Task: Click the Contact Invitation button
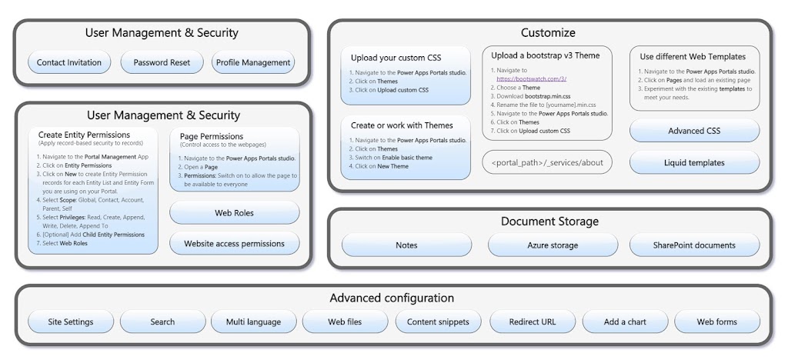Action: [x=69, y=62]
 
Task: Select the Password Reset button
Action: [x=162, y=62]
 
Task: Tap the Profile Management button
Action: [x=253, y=62]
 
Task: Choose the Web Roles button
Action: [x=234, y=212]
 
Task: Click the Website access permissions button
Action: [x=234, y=244]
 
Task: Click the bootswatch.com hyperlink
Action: [x=531, y=78]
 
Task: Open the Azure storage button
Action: [x=553, y=245]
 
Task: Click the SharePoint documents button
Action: [x=695, y=245]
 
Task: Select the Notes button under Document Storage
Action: [x=406, y=245]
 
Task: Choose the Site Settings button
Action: [x=71, y=322]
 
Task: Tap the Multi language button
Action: [x=253, y=322]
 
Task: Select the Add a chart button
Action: [x=625, y=322]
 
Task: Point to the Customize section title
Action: [x=548, y=33]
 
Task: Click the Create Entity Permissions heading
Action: [x=84, y=135]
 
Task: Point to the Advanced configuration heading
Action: [x=392, y=298]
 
